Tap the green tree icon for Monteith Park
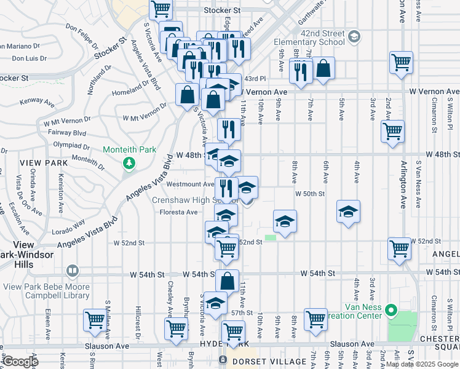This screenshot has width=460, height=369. [x=129, y=163]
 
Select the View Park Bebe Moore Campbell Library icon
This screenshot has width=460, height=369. [x=73, y=271]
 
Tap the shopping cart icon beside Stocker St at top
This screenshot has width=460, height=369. [x=161, y=9]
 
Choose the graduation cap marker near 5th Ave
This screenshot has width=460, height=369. [x=348, y=212]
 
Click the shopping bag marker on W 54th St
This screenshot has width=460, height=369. [x=228, y=281]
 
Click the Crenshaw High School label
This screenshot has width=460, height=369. [x=194, y=200]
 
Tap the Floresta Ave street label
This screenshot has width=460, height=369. [x=179, y=212]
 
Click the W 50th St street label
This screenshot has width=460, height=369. [x=309, y=193]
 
